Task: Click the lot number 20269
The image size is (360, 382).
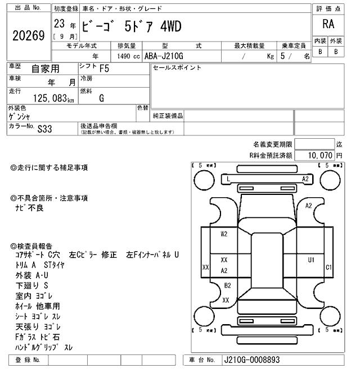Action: click(28, 36)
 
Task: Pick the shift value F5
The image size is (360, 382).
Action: click(104, 69)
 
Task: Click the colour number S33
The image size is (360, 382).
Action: click(44, 128)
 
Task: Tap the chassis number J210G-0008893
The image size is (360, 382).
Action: click(251, 360)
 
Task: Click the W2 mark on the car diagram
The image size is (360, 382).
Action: click(224, 234)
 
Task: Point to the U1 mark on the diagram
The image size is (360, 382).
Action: click(310, 260)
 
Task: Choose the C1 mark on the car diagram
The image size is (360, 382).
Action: click(330, 267)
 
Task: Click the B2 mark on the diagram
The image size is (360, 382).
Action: click(227, 285)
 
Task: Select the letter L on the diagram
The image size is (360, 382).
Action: click(228, 179)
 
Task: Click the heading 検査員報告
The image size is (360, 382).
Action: click(32, 246)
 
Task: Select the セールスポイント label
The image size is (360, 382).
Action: click(177, 68)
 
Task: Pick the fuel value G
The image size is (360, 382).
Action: click(101, 98)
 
